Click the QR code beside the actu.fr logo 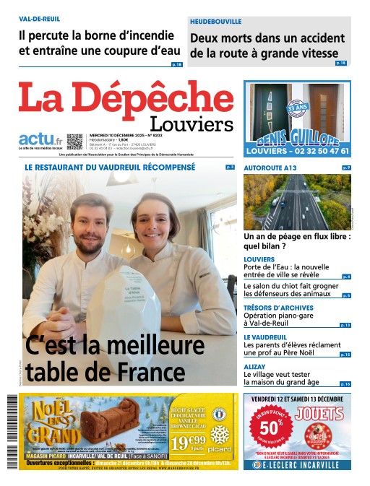click(x=75, y=140)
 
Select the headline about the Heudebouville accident click(x=264, y=45)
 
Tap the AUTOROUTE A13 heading click(x=270, y=168)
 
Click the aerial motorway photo click(x=297, y=201)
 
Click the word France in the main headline click(x=150, y=372)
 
